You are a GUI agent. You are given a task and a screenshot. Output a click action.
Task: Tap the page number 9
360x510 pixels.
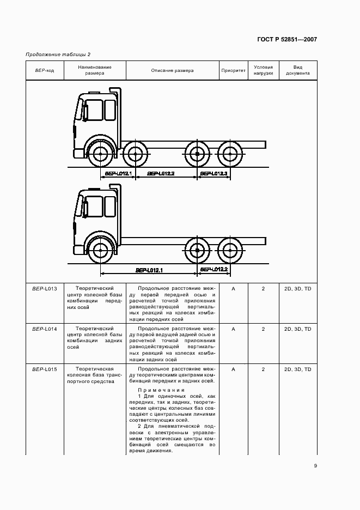[x=315, y=465]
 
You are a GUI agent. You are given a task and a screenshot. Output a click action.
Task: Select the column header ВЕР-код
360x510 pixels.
[x=45, y=70]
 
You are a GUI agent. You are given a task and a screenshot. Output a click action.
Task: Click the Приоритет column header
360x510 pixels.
[x=233, y=70]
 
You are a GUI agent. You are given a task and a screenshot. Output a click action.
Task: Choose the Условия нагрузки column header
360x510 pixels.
[x=263, y=70]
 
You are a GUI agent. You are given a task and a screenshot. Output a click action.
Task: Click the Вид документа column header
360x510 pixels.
[x=297, y=70]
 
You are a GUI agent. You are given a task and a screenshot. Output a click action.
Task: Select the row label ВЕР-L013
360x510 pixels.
[x=45, y=288]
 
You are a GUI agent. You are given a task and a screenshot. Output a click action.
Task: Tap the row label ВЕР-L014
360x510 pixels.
[x=45, y=329]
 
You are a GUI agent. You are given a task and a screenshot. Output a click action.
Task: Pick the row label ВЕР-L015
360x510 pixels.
[x=45, y=369]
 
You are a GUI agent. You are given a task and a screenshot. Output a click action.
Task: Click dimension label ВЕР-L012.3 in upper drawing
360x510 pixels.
[x=214, y=173]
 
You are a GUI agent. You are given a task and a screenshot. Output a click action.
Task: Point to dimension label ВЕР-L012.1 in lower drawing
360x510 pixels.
[x=149, y=270]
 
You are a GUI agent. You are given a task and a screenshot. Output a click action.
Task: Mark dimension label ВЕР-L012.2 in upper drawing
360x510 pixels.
[x=162, y=173]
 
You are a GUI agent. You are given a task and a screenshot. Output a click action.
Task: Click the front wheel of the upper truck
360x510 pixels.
[x=99, y=154]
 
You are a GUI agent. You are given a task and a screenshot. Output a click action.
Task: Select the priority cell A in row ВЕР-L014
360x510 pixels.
[x=233, y=329]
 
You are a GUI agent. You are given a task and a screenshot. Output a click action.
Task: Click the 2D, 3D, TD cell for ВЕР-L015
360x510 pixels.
[x=297, y=369]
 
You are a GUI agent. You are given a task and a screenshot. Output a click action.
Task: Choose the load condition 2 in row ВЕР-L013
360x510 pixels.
[x=263, y=288]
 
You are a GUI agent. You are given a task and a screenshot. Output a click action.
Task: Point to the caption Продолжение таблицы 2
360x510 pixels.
[x=58, y=54]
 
